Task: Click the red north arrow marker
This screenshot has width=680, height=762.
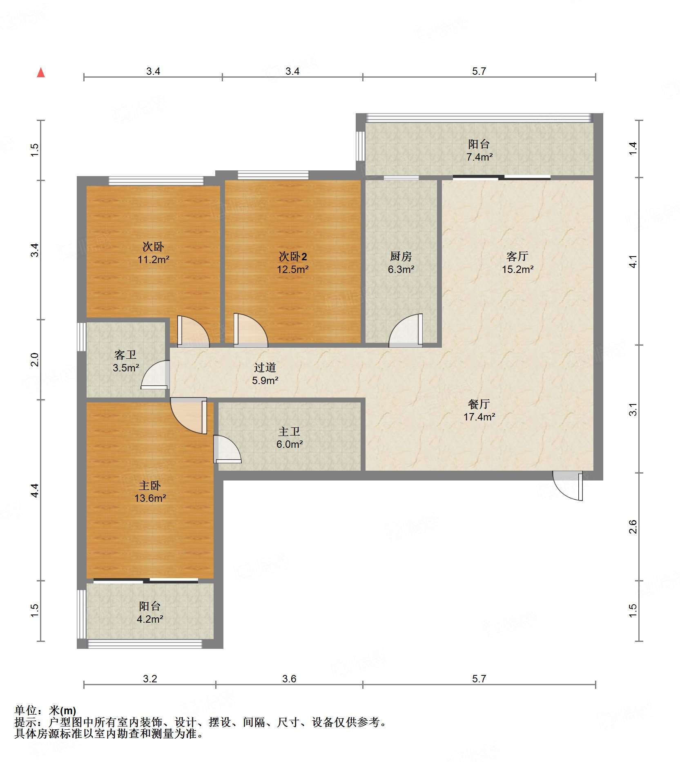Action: (x=41, y=73)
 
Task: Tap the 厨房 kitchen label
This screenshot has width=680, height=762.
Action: (x=401, y=256)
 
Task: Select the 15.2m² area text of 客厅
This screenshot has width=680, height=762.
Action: (x=518, y=269)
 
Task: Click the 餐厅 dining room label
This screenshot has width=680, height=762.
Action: (x=479, y=404)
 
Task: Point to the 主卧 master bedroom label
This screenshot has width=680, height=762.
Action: (x=150, y=485)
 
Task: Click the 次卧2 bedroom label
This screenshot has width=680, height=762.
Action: (x=293, y=256)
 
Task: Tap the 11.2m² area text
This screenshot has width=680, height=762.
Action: (x=154, y=259)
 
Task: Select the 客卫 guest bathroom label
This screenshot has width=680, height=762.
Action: (x=125, y=355)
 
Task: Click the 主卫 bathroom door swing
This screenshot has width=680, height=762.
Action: (x=227, y=449)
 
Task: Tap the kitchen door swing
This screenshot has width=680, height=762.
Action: (x=406, y=330)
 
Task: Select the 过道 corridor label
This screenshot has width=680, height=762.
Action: (x=265, y=367)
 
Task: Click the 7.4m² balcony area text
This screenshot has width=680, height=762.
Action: (x=479, y=157)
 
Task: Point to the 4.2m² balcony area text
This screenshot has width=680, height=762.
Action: (x=150, y=619)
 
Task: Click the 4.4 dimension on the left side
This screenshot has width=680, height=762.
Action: (x=35, y=490)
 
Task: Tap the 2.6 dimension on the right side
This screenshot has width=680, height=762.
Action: (x=633, y=527)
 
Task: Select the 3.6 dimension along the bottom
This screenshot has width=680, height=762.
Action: (x=289, y=679)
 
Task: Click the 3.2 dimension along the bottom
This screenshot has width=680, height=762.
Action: (x=150, y=679)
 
